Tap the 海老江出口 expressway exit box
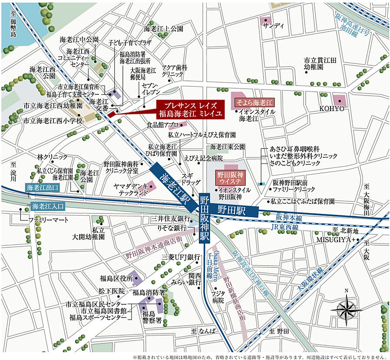pyautogui.click(x=42, y=188)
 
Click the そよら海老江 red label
pyautogui.click(x=254, y=103)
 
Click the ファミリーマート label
pyautogui.click(x=49, y=220)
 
